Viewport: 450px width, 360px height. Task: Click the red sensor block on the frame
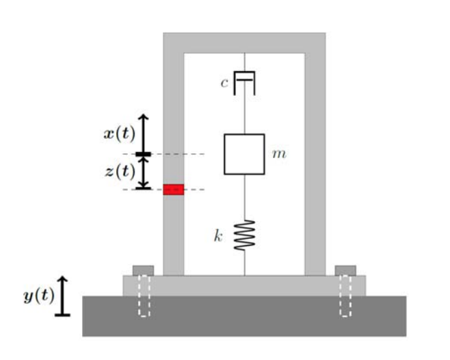pos(173,190)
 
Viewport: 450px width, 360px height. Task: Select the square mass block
pos(244,154)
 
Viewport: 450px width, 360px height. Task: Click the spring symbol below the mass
pos(244,235)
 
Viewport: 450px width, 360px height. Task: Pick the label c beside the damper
pos(224,83)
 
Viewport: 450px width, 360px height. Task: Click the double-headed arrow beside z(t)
pos(142,172)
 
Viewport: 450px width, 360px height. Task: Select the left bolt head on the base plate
pos(143,270)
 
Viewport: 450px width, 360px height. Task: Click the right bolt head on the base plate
pos(345,270)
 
